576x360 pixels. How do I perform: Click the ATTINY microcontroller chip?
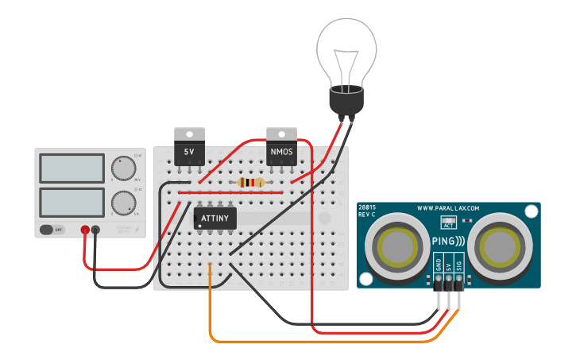tap(215, 218)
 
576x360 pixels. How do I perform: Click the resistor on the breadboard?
tap(252, 183)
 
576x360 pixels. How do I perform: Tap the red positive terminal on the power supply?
tap(85, 230)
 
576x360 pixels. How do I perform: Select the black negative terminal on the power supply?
tap(96, 230)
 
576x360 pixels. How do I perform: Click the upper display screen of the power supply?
tap(72, 168)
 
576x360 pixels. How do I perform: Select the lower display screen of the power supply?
tap(72, 201)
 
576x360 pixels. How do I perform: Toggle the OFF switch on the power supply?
tap(52, 230)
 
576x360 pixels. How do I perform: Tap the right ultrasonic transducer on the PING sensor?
tap(498, 246)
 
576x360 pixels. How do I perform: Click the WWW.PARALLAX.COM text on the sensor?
tap(448, 209)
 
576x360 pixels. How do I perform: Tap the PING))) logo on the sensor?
tap(448, 241)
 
